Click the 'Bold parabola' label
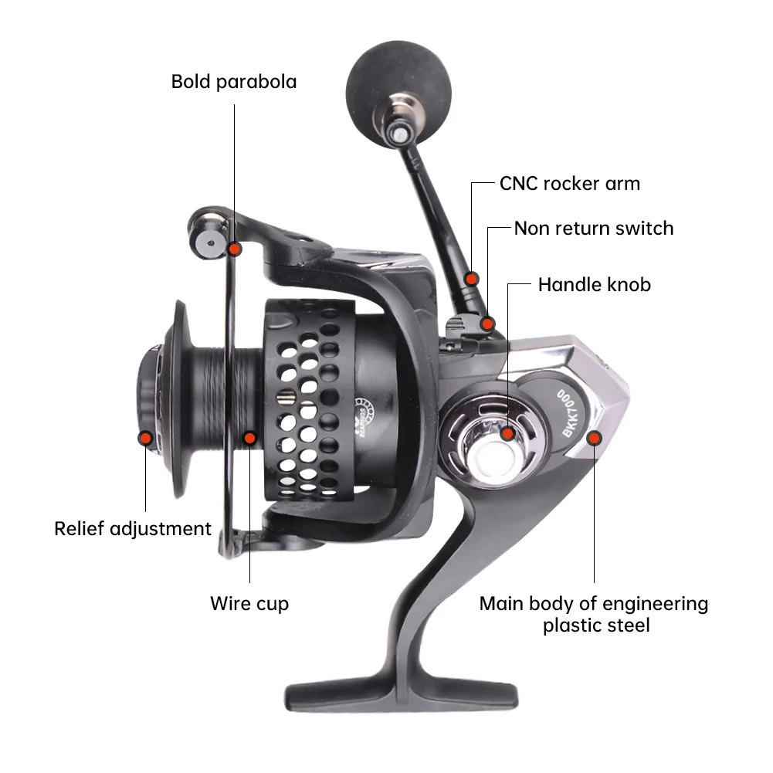click(234, 82)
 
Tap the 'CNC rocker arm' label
click(569, 184)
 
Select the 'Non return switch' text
click(593, 229)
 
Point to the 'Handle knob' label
click(594, 285)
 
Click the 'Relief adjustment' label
click(133, 529)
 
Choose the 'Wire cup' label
click(249, 603)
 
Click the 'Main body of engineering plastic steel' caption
click(594, 615)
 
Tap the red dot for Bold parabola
click(235, 248)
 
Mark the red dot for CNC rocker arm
click(471, 278)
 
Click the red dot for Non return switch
click(487, 323)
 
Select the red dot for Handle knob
click(507, 432)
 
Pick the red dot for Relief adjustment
click(144, 438)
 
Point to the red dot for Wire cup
click(249, 438)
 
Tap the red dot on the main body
click(594, 438)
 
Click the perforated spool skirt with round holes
click(309, 402)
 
